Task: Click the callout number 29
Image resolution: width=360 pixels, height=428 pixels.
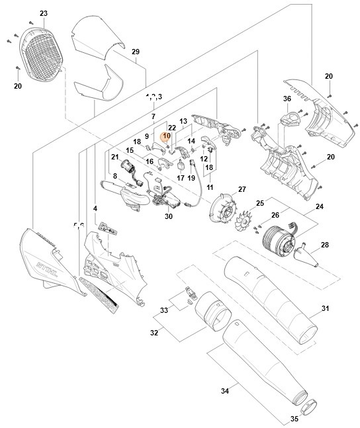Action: click(135, 52)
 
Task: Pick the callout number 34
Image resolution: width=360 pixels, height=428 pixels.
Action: click(224, 392)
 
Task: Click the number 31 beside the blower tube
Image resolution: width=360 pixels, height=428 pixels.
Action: click(325, 308)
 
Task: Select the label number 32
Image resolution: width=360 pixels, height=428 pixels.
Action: click(154, 333)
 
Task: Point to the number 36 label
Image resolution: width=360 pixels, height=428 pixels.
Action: click(287, 99)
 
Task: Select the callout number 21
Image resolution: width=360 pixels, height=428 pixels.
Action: click(114, 157)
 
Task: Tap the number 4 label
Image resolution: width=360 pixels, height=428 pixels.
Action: click(95, 208)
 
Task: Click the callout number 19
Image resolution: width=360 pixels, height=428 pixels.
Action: click(191, 178)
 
